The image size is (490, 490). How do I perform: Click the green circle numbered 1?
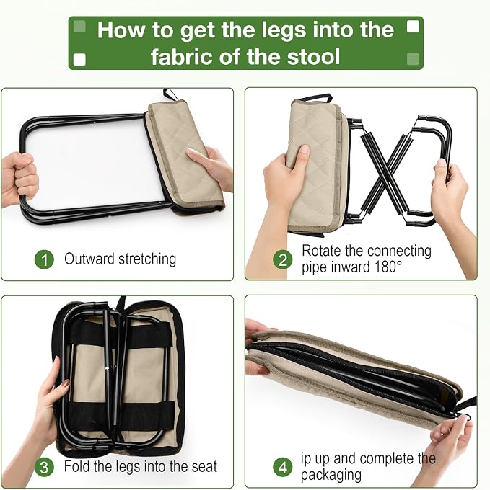[x=44, y=259]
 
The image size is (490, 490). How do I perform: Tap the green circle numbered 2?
[x=283, y=259]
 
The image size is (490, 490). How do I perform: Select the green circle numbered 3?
[x=44, y=467]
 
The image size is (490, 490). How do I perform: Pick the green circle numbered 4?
[x=283, y=467]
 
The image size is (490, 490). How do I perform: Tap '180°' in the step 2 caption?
[x=388, y=267]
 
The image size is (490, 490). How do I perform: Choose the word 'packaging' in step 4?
[x=331, y=476]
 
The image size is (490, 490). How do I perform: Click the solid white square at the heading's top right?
[x=413, y=27]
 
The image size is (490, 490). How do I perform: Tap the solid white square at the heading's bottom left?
[x=79, y=59]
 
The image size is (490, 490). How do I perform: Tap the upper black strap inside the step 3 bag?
[x=121, y=336]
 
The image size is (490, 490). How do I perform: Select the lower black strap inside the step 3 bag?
[x=121, y=416]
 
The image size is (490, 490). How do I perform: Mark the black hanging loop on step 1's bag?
[x=170, y=94]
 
